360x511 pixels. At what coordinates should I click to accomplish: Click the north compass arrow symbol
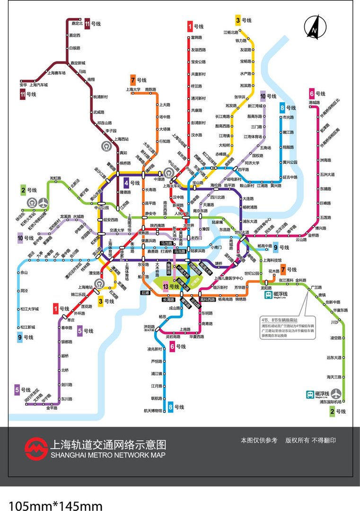click(313, 27)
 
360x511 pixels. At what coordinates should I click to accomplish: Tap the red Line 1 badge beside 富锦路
click(190, 26)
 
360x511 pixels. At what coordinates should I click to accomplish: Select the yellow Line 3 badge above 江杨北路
click(238, 20)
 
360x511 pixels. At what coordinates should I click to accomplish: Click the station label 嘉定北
click(76, 23)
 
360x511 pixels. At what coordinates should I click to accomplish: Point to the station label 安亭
click(23, 85)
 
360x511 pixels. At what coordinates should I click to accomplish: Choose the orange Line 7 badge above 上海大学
click(133, 79)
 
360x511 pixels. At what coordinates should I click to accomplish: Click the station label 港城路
click(314, 102)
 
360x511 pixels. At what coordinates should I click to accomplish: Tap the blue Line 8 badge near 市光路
click(282, 107)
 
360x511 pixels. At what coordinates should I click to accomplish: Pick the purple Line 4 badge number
click(126, 182)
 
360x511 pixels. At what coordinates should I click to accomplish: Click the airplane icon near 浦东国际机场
click(336, 393)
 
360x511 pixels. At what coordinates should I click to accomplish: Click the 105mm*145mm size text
click(55, 505)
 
